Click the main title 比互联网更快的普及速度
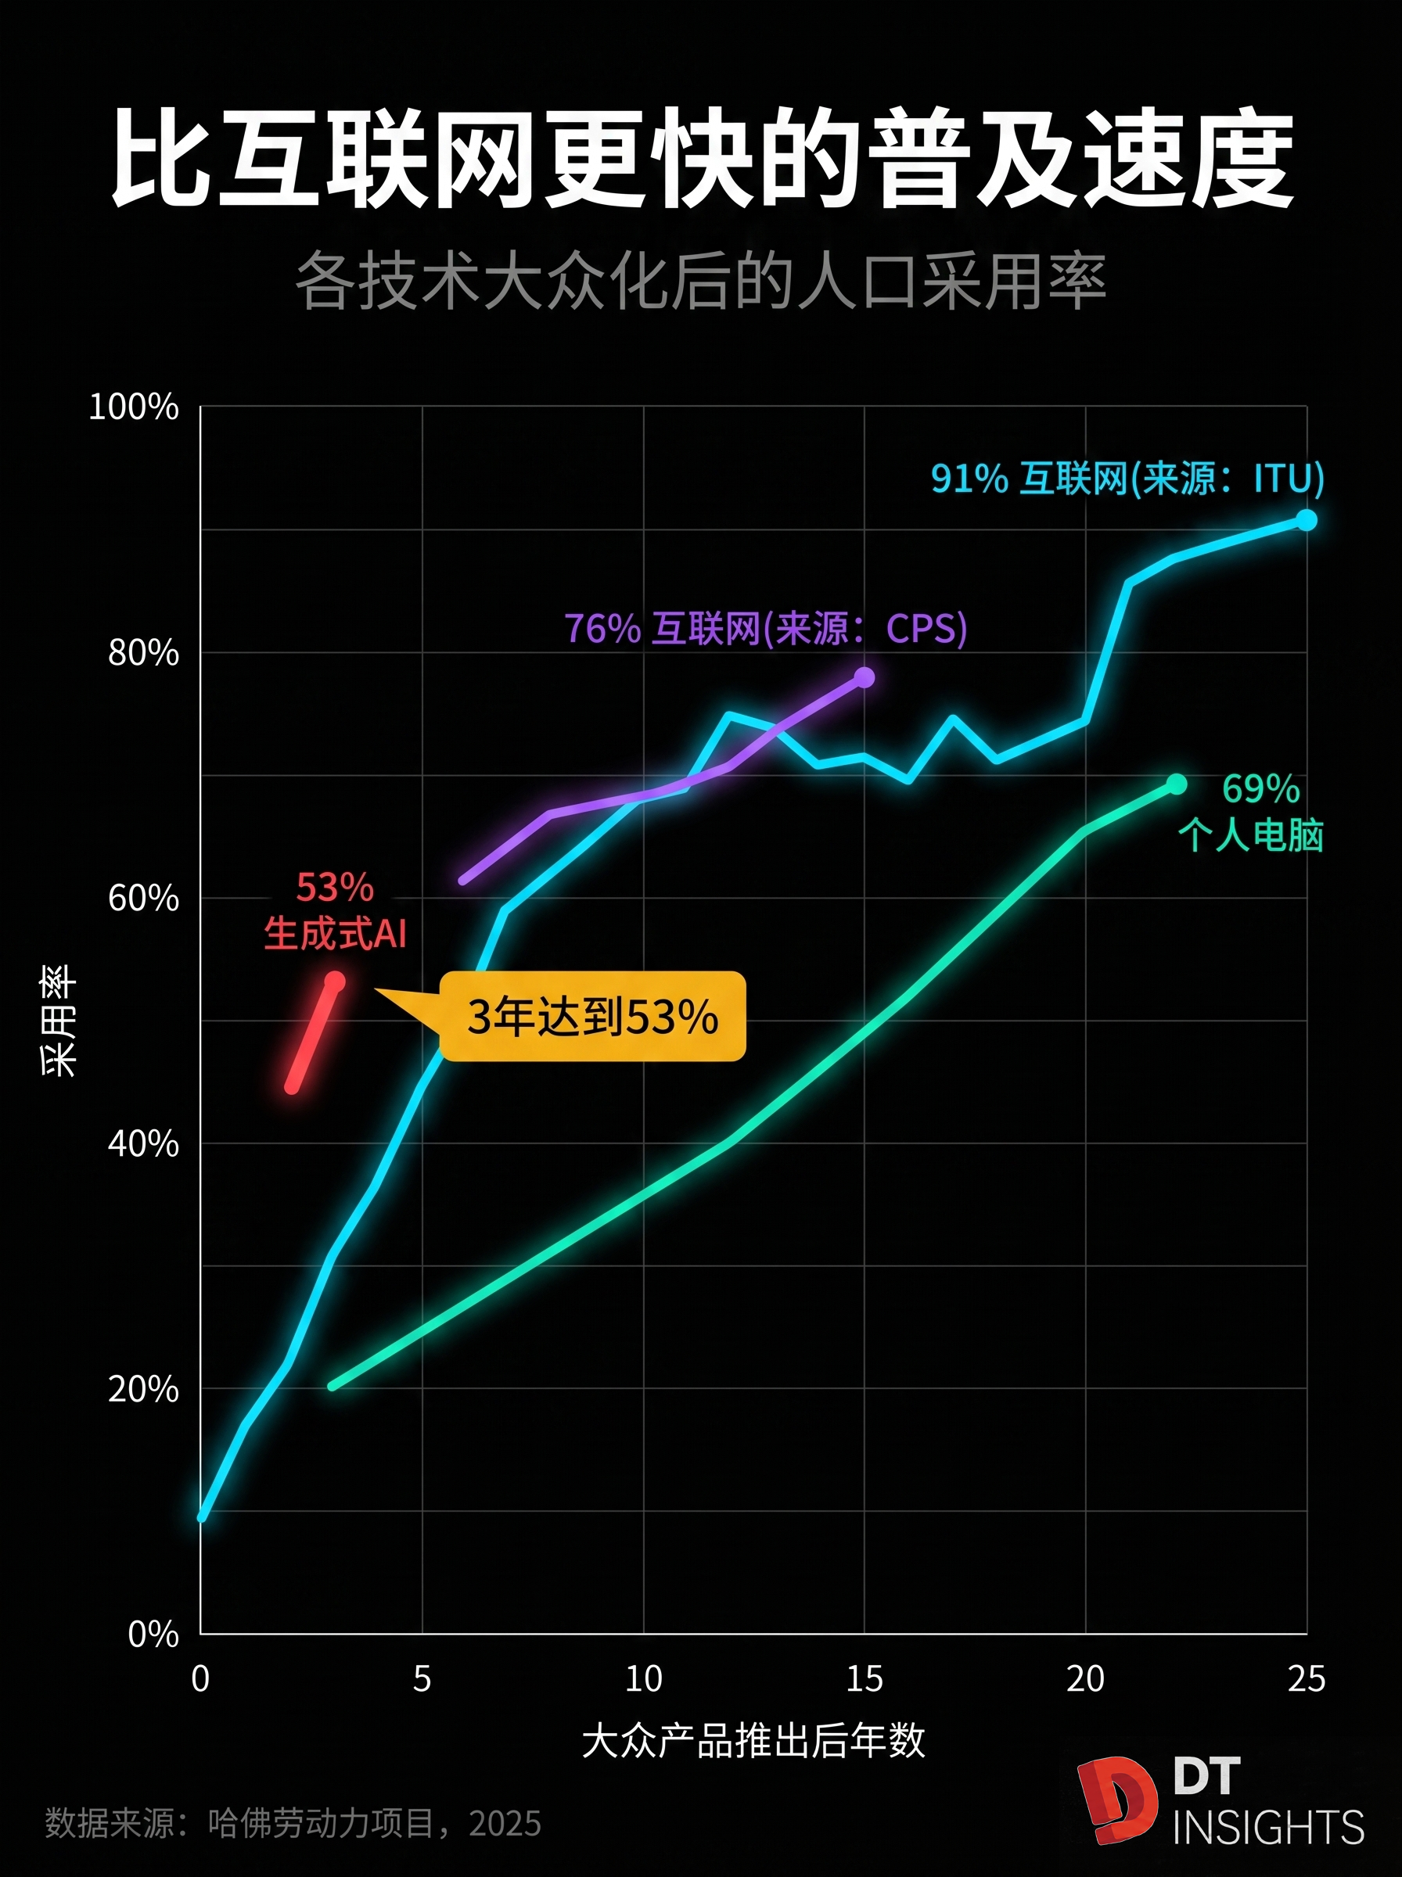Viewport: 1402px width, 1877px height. (701, 158)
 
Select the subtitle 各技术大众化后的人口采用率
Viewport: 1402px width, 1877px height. (701, 281)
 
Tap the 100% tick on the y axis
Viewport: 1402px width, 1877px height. (134, 407)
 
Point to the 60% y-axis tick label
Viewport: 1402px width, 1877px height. (142, 898)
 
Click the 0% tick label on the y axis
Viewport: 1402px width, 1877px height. (153, 1634)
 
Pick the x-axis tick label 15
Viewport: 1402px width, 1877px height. (864, 1678)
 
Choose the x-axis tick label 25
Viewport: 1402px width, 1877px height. (1306, 1678)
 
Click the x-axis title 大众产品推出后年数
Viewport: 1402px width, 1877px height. (753, 1741)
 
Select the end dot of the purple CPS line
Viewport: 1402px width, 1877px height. (864, 677)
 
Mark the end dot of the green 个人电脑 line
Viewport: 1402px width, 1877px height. (1176, 784)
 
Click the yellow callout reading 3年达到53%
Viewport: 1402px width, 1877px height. (592, 1016)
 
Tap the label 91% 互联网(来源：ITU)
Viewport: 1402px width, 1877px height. (1127, 479)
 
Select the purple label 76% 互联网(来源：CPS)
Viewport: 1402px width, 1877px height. (765, 629)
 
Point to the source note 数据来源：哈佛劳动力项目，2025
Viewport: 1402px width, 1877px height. (293, 1823)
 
